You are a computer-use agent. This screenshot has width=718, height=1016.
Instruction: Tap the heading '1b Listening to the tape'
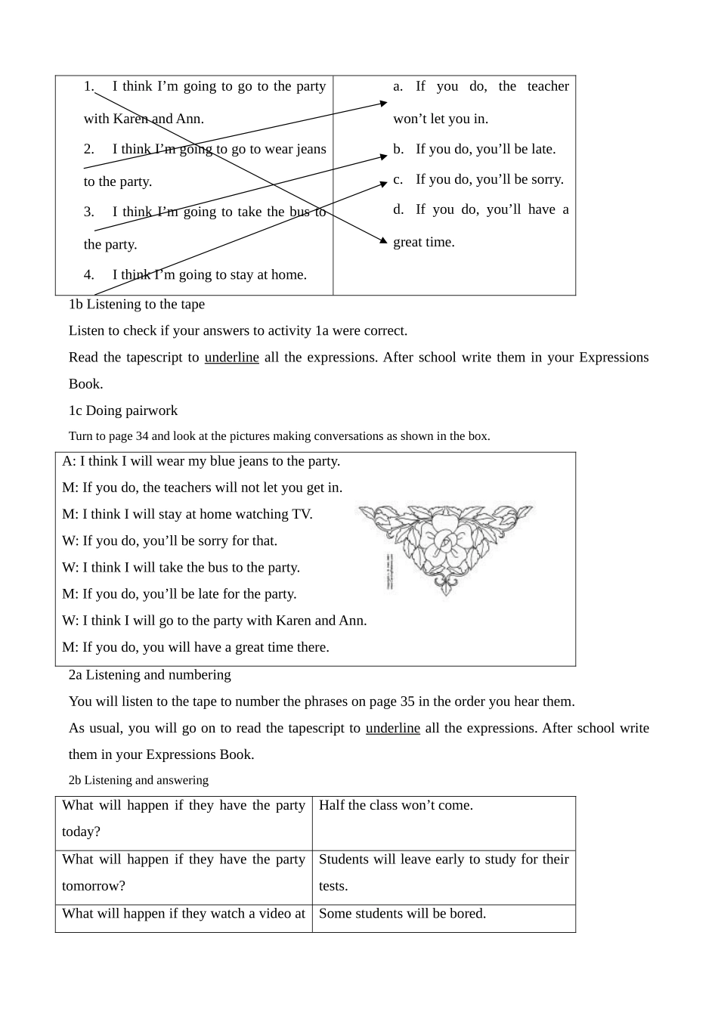point(137,304)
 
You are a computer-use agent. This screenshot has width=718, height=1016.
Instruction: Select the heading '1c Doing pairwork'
point(123,410)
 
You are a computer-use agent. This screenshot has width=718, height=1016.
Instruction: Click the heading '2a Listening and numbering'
point(150,674)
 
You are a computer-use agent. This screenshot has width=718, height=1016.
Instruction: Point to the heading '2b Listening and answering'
point(138,780)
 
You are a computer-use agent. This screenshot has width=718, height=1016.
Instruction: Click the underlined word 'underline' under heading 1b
point(231,358)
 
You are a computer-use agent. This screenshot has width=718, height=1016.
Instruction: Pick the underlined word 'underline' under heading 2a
point(392,728)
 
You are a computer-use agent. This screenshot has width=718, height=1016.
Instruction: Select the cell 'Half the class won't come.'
point(396,805)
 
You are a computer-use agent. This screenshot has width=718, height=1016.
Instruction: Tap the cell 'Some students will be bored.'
point(402,913)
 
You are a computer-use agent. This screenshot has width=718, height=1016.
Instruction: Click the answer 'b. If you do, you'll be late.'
point(475,149)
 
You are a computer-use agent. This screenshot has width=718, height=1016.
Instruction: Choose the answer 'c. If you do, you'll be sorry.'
point(478,179)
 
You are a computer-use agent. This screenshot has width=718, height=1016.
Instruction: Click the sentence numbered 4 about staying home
point(197,274)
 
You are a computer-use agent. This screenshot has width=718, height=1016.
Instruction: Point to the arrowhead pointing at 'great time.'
point(383,240)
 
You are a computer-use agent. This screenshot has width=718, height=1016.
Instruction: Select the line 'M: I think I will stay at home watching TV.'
point(187,514)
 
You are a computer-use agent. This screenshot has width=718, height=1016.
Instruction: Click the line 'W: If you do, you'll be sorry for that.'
point(170,541)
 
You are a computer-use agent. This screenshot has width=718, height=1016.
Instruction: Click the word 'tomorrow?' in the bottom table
point(94,886)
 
